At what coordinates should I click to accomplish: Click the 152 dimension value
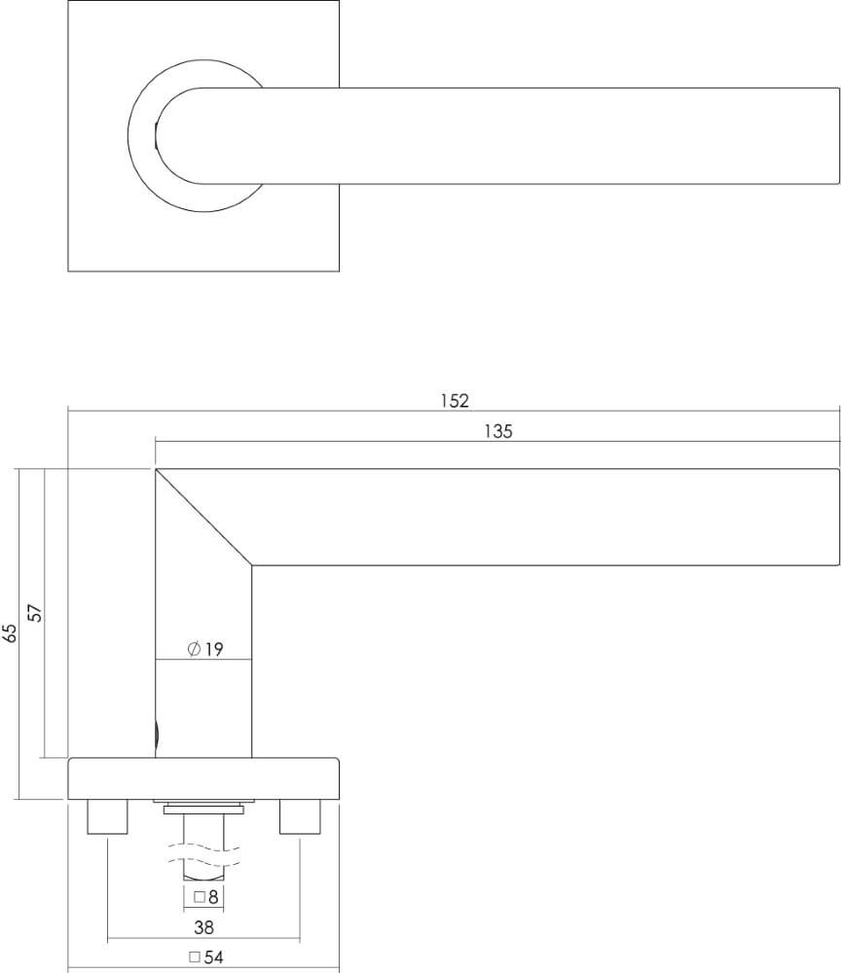454,400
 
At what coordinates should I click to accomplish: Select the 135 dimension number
497,432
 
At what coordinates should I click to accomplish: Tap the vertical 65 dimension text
11,633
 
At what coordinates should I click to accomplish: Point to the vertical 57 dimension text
36,613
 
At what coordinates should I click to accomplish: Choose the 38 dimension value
203,927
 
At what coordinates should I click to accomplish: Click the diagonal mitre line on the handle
204,517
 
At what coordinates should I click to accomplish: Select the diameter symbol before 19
193,649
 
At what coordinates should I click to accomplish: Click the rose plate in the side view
203,778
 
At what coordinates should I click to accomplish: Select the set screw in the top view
156,135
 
